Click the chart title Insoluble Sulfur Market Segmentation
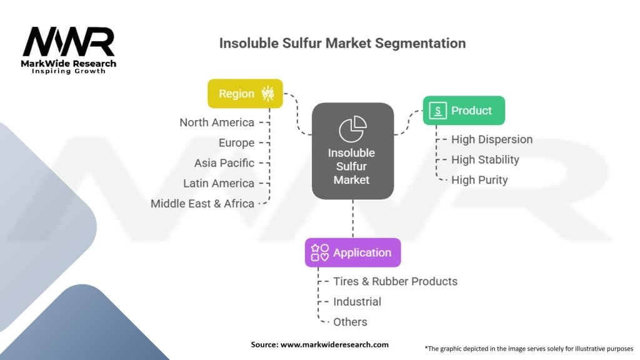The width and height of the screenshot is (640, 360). (x=342, y=44)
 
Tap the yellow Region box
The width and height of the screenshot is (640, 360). (x=245, y=94)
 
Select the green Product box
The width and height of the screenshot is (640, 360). (x=464, y=111)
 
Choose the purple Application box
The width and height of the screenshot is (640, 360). (x=352, y=252)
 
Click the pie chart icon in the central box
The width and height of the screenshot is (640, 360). (x=352, y=129)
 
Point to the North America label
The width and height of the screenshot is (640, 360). (x=216, y=122)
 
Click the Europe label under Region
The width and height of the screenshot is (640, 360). (x=236, y=142)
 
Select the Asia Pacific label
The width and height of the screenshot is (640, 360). (x=224, y=162)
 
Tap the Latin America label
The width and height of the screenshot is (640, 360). (x=218, y=183)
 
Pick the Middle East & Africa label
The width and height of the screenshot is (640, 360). (x=202, y=203)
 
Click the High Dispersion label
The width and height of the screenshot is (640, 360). (x=492, y=139)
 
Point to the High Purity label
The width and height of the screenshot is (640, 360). (x=479, y=180)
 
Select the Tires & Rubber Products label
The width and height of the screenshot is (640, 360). (x=395, y=281)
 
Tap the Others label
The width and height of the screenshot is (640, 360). (x=350, y=322)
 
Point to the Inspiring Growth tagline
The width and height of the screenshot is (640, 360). (x=69, y=71)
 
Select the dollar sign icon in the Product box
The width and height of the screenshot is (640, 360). (x=439, y=111)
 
